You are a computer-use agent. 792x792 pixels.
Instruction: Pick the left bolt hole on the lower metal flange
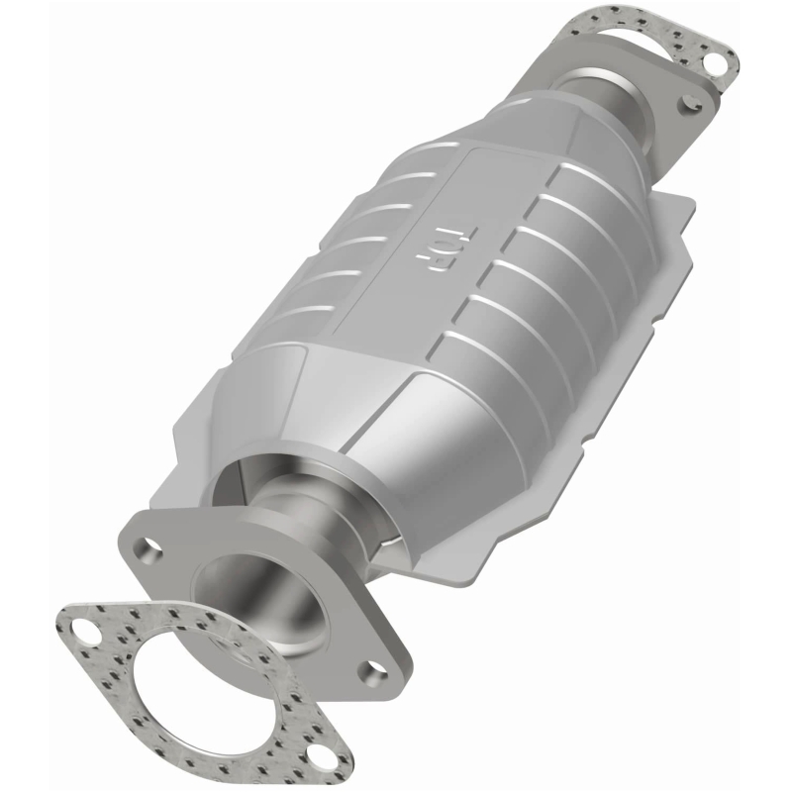pyautogui.click(x=150, y=545)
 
